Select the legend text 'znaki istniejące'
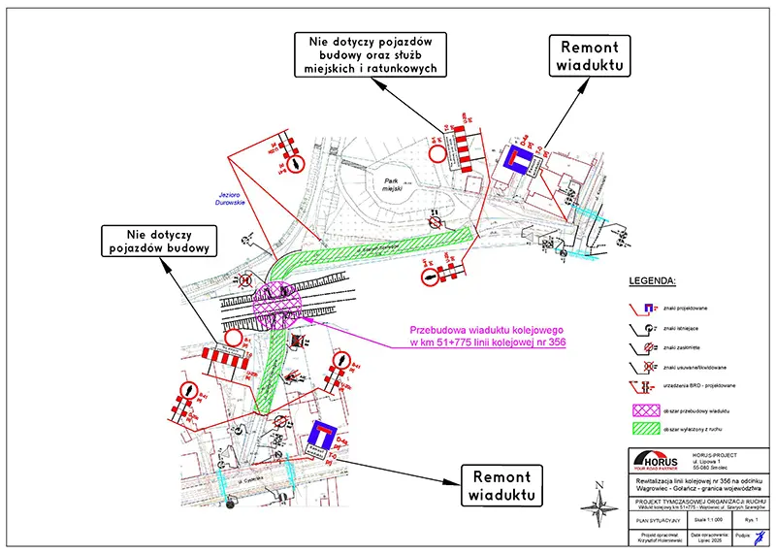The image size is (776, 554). pyautogui.click(x=684, y=329)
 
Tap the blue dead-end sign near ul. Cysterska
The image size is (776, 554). pyautogui.click(x=327, y=438)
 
